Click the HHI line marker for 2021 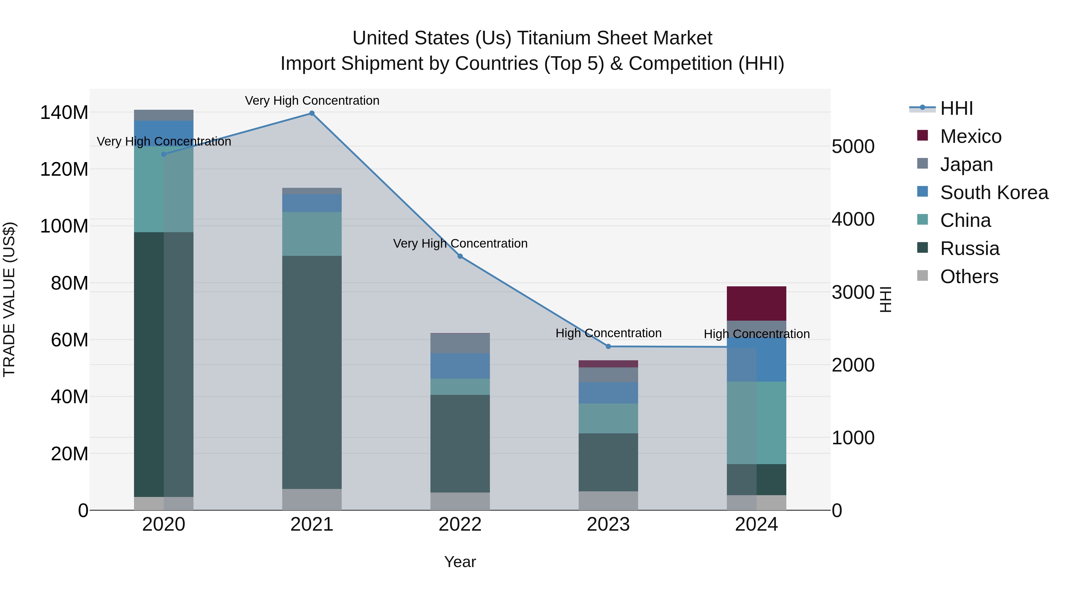[312, 113]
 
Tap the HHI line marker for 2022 [460, 256]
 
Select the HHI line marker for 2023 [608, 346]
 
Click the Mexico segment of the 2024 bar [756, 303]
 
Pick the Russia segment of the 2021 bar [312, 372]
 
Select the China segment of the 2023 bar [608, 418]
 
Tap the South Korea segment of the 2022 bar [460, 366]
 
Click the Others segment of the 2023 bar [608, 500]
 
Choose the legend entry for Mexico [970, 136]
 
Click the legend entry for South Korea [994, 193]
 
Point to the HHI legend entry [956, 108]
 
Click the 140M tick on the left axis [64, 112]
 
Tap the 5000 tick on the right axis [853, 146]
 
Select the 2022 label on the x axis [460, 524]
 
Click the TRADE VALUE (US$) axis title [9, 299]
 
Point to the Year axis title [460, 562]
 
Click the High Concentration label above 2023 [608, 333]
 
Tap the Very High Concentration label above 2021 [312, 101]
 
